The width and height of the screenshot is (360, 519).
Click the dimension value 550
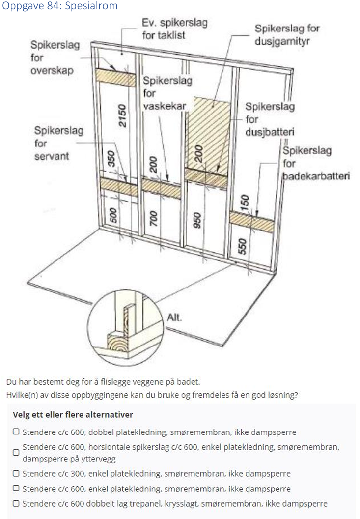[x=242, y=245]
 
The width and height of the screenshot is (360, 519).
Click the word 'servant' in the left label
[x=51, y=156]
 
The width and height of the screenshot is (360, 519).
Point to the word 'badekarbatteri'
[x=316, y=176]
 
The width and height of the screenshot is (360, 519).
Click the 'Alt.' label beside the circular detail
[x=174, y=317]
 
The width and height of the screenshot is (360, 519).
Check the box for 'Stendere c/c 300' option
[x=16, y=474]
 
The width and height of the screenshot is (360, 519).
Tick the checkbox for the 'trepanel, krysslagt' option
[x=16, y=503]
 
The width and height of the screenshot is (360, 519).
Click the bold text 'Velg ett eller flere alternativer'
[x=73, y=415]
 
